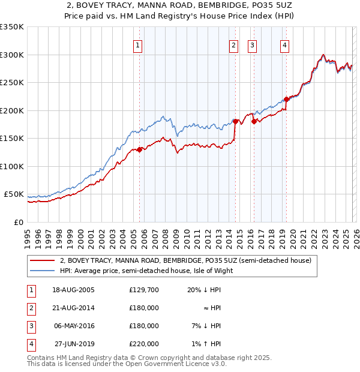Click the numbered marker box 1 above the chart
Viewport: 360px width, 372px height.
(x=138, y=45)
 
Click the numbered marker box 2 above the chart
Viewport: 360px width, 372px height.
(x=233, y=45)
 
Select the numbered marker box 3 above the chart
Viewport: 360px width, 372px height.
(x=252, y=45)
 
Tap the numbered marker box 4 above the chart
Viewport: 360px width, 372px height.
(x=284, y=45)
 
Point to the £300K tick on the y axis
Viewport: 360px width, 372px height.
(x=12, y=55)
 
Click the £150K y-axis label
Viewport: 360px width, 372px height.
(x=12, y=139)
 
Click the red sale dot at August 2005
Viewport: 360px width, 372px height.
(x=140, y=150)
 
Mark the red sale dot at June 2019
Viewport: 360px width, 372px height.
(x=286, y=100)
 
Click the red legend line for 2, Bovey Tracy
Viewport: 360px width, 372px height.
(x=42, y=261)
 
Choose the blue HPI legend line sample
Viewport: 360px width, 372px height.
(x=42, y=271)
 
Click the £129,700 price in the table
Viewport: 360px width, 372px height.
(x=144, y=290)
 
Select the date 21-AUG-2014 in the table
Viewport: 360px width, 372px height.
(x=73, y=308)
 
